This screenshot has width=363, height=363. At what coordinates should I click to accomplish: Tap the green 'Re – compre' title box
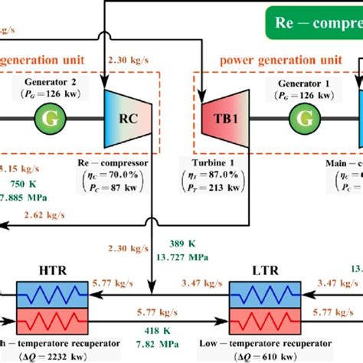tap(314, 23)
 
